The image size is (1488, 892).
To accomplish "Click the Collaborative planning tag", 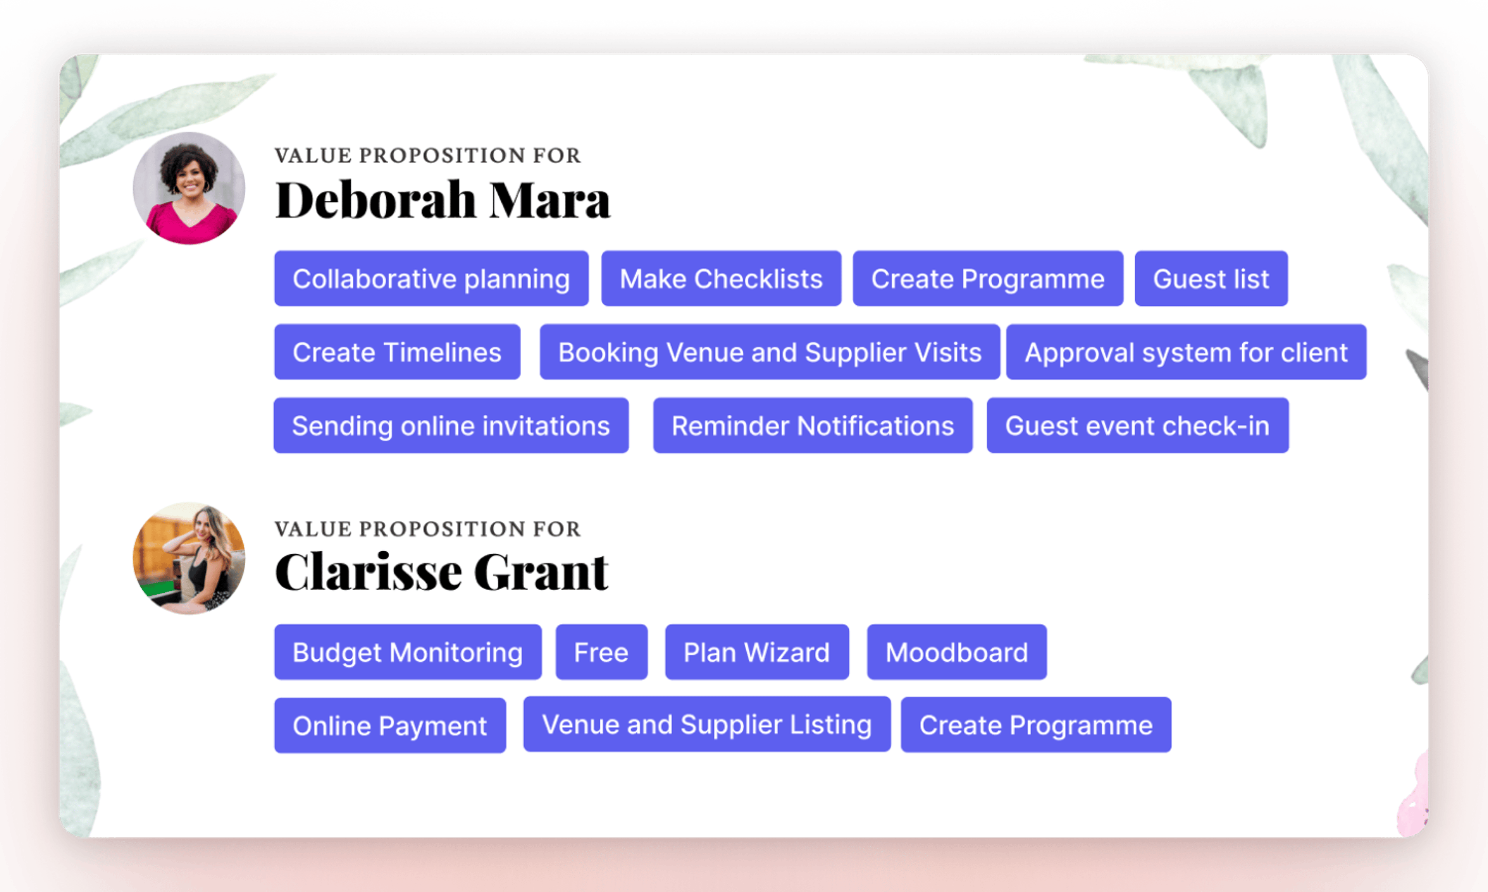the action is click(431, 278).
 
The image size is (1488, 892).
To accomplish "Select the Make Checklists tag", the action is click(721, 278).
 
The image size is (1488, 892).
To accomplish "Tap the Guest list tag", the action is click(1211, 278).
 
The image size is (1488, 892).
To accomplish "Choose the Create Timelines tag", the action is click(397, 352).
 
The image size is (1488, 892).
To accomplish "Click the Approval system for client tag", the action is click(1186, 352).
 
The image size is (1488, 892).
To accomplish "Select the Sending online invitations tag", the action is click(451, 425).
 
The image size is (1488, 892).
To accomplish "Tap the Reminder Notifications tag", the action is click(813, 425).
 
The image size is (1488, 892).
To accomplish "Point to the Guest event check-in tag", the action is click(1137, 425).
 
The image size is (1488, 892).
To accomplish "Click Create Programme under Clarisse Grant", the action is click(1036, 724).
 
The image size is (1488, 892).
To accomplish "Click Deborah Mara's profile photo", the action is click(189, 188).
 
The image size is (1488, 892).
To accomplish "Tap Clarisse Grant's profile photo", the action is click(189, 558).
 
